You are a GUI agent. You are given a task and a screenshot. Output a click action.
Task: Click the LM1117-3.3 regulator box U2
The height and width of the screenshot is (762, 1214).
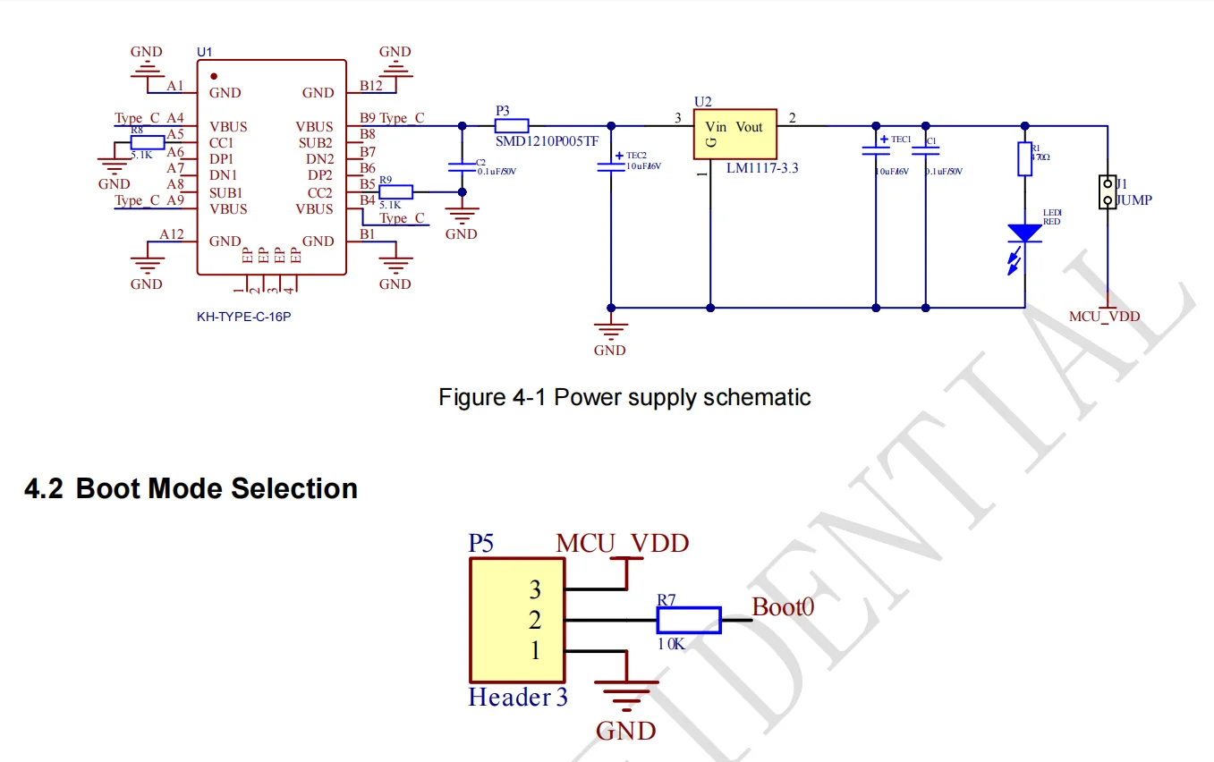tap(735, 134)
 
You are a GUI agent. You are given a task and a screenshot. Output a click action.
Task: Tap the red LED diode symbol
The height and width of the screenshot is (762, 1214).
tap(1025, 233)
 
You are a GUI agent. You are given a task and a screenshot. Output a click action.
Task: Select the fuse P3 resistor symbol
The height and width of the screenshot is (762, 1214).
tap(512, 125)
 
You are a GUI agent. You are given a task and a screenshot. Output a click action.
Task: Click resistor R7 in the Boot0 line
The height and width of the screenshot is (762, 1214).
tap(688, 620)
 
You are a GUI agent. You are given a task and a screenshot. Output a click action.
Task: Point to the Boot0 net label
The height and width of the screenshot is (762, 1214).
tap(783, 607)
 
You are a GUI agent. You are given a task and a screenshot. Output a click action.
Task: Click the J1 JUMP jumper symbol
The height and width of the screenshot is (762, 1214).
tap(1108, 191)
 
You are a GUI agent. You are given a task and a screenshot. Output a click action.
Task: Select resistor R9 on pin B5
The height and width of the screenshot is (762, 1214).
tap(396, 191)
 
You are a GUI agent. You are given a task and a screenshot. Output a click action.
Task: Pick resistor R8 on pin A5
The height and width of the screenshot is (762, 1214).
tap(148, 142)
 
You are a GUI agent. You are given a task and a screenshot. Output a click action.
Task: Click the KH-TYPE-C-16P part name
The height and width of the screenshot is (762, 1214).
tap(243, 317)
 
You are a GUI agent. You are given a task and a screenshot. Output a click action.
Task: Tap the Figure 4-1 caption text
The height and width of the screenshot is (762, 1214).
tap(624, 397)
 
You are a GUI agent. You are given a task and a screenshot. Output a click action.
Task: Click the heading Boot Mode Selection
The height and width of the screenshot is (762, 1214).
tap(216, 488)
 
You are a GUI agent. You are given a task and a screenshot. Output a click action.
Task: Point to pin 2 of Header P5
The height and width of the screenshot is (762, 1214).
tap(535, 620)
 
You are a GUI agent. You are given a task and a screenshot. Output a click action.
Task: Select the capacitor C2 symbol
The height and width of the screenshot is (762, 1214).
tap(462, 166)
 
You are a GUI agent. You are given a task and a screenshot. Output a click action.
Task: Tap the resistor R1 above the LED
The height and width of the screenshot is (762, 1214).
tap(1025, 158)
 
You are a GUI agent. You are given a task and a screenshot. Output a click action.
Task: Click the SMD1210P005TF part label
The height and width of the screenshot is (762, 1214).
tap(547, 141)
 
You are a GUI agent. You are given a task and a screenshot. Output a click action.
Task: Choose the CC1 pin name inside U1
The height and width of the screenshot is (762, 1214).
tap(222, 142)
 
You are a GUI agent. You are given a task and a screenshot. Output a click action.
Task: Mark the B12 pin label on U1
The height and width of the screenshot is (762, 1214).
tap(370, 86)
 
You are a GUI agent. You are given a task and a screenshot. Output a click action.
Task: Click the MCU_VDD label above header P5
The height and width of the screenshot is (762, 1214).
tap(623, 543)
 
